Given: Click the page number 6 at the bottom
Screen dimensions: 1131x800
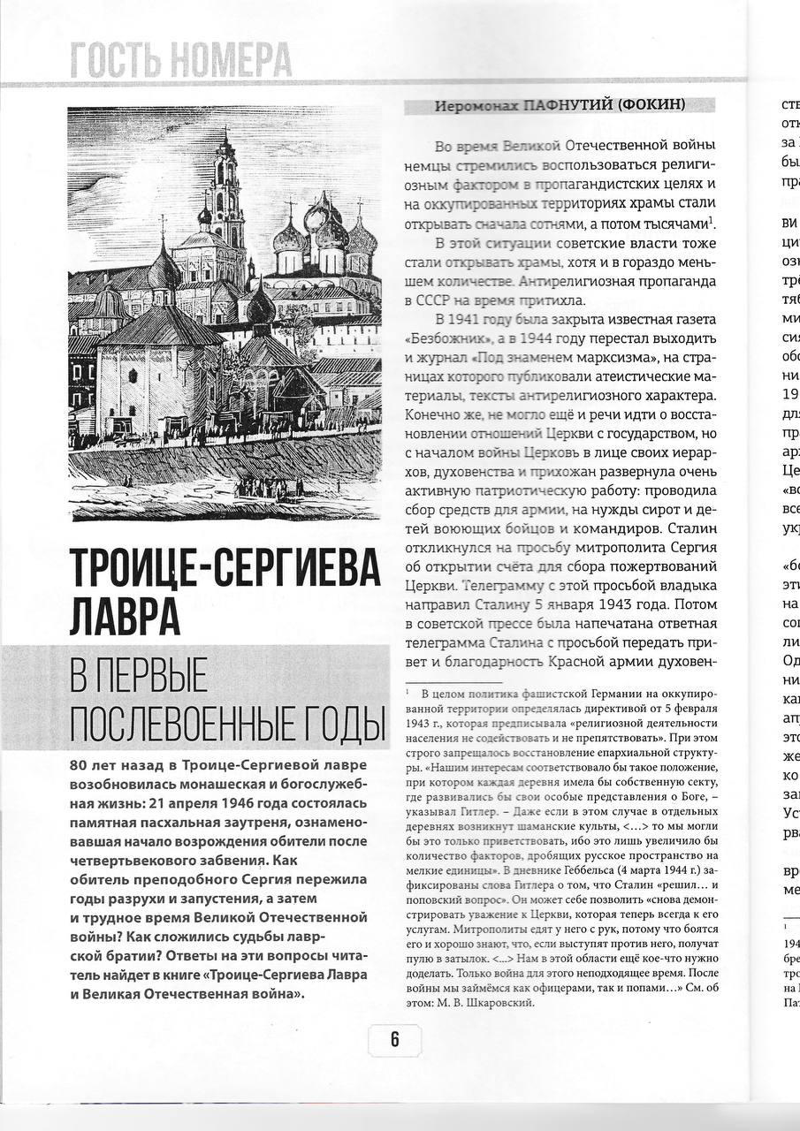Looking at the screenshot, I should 394,1040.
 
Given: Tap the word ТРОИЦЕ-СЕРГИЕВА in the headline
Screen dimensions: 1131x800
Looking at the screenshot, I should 225,566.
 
